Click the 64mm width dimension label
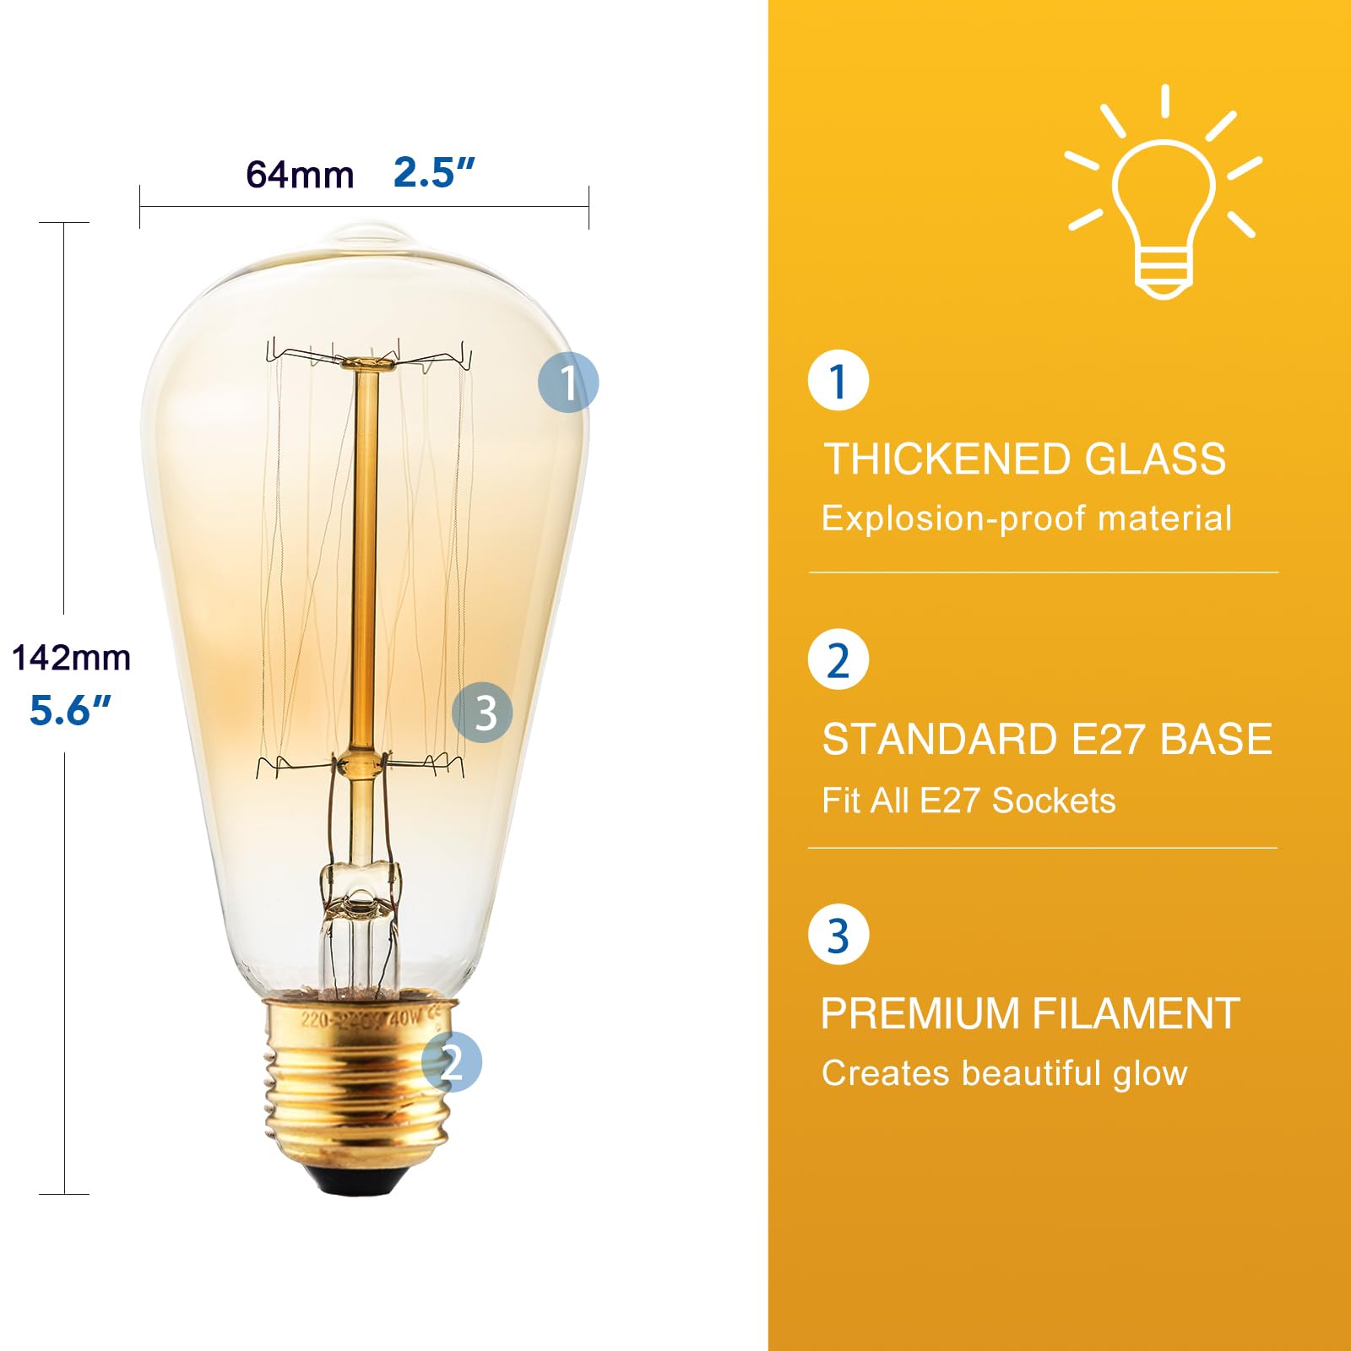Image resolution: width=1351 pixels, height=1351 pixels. click(x=300, y=175)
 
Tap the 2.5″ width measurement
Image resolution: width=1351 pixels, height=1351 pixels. click(x=434, y=172)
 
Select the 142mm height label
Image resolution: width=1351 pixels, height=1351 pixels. click(x=71, y=658)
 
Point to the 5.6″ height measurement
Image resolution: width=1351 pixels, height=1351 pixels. click(x=70, y=709)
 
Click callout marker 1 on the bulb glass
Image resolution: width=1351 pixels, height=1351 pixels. click(x=568, y=382)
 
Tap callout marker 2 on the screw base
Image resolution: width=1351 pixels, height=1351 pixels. click(x=452, y=1061)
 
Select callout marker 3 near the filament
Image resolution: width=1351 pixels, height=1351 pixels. click(x=482, y=713)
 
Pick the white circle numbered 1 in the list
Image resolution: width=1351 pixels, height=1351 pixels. click(x=838, y=381)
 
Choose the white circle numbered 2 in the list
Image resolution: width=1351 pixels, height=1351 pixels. click(x=838, y=659)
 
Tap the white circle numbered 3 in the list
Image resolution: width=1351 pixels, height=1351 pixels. click(x=838, y=935)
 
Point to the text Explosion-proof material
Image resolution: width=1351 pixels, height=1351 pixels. click(x=1027, y=518)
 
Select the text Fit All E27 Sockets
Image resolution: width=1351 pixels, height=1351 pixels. click(x=968, y=800)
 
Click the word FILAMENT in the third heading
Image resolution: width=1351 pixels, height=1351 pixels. click(x=1136, y=1013)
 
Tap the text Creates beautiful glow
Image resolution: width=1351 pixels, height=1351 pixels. click(x=1005, y=1073)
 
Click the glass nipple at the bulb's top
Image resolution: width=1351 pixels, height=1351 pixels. click(x=367, y=233)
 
